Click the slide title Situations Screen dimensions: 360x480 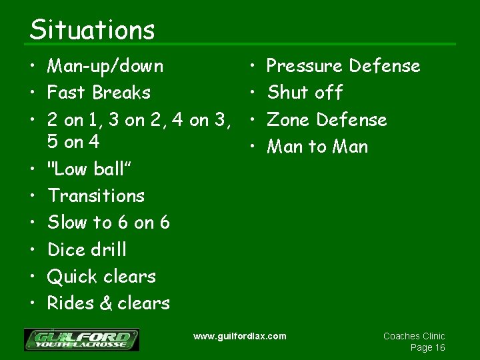[x=92, y=29]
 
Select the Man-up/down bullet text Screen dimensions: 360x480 [x=105, y=66]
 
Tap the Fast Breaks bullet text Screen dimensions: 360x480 [x=99, y=92]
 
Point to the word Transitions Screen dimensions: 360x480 [x=96, y=196]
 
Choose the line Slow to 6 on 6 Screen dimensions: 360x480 [x=109, y=223]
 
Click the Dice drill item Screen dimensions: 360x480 [x=87, y=250]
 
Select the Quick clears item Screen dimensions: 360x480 [x=101, y=277]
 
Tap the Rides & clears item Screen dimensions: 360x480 [x=109, y=303]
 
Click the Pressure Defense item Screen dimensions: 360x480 [x=343, y=66]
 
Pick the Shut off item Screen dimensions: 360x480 [x=305, y=92]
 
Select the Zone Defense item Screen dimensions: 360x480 [x=327, y=120]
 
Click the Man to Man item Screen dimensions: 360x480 [x=317, y=147]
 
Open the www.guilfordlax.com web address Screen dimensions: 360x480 [x=239, y=336]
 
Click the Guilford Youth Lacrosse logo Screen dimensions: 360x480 [x=81, y=339]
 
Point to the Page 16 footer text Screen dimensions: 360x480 [x=427, y=348]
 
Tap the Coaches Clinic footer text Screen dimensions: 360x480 [x=414, y=336]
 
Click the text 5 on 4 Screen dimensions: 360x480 [x=73, y=143]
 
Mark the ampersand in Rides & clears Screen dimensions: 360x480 [x=105, y=304]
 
